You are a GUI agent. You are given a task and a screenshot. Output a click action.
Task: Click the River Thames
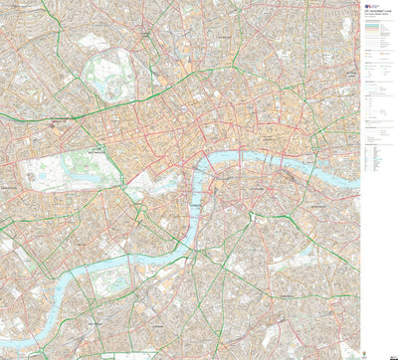239,159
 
